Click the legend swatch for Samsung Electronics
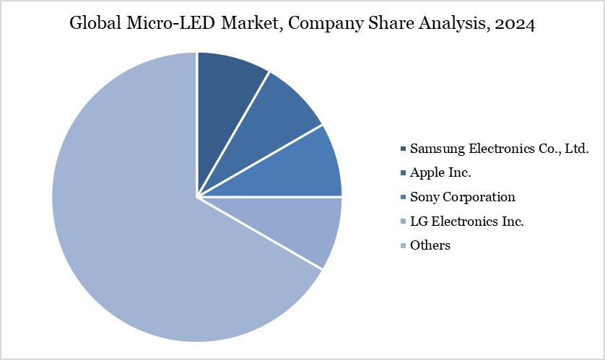click(402, 149)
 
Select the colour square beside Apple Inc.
click(402, 173)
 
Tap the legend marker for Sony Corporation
click(402, 198)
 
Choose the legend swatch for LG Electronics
click(402, 221)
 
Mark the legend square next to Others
click(402, 246)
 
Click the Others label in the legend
click(430, 245)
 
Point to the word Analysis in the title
click(452, 24)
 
